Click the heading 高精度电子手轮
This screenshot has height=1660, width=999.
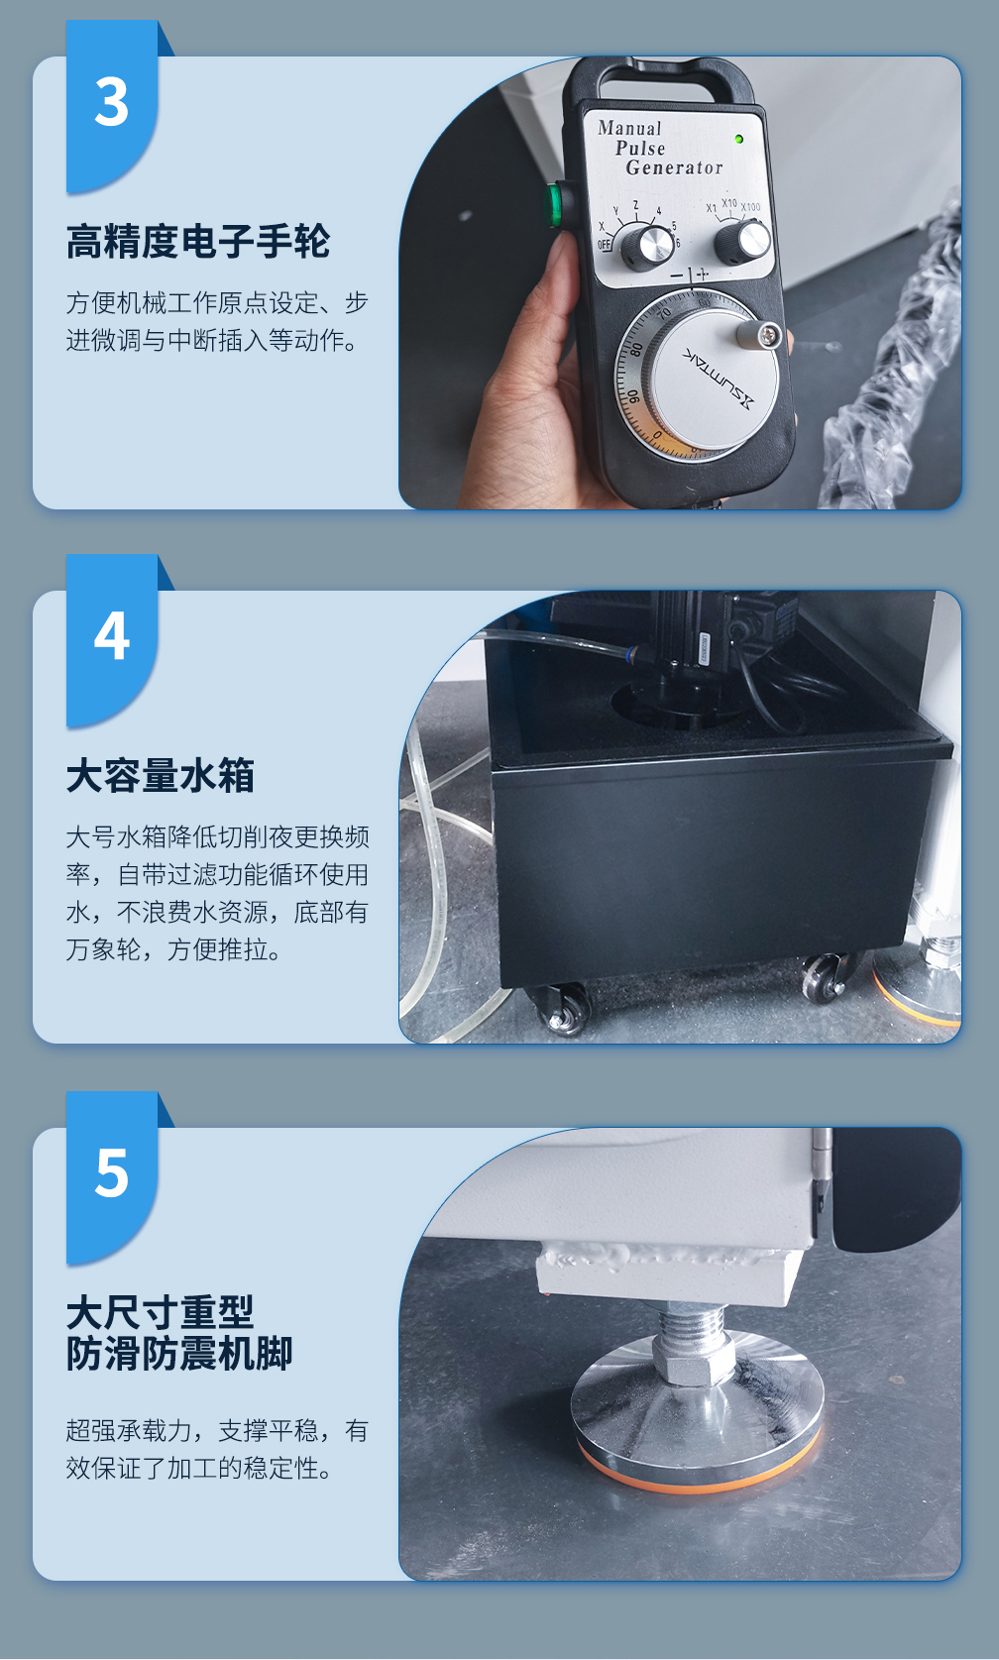(x=198, y=242)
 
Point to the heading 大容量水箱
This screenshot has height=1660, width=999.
(x=161, y=776)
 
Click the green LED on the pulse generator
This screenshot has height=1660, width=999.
(x=738, y=139)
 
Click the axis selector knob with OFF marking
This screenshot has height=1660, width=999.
(x=645, y=246)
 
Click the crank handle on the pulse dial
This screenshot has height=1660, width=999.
(x=759, y=333)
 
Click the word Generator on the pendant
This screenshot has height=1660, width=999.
(x=674, y=167)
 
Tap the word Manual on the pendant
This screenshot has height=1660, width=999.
(x=629, y=128)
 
